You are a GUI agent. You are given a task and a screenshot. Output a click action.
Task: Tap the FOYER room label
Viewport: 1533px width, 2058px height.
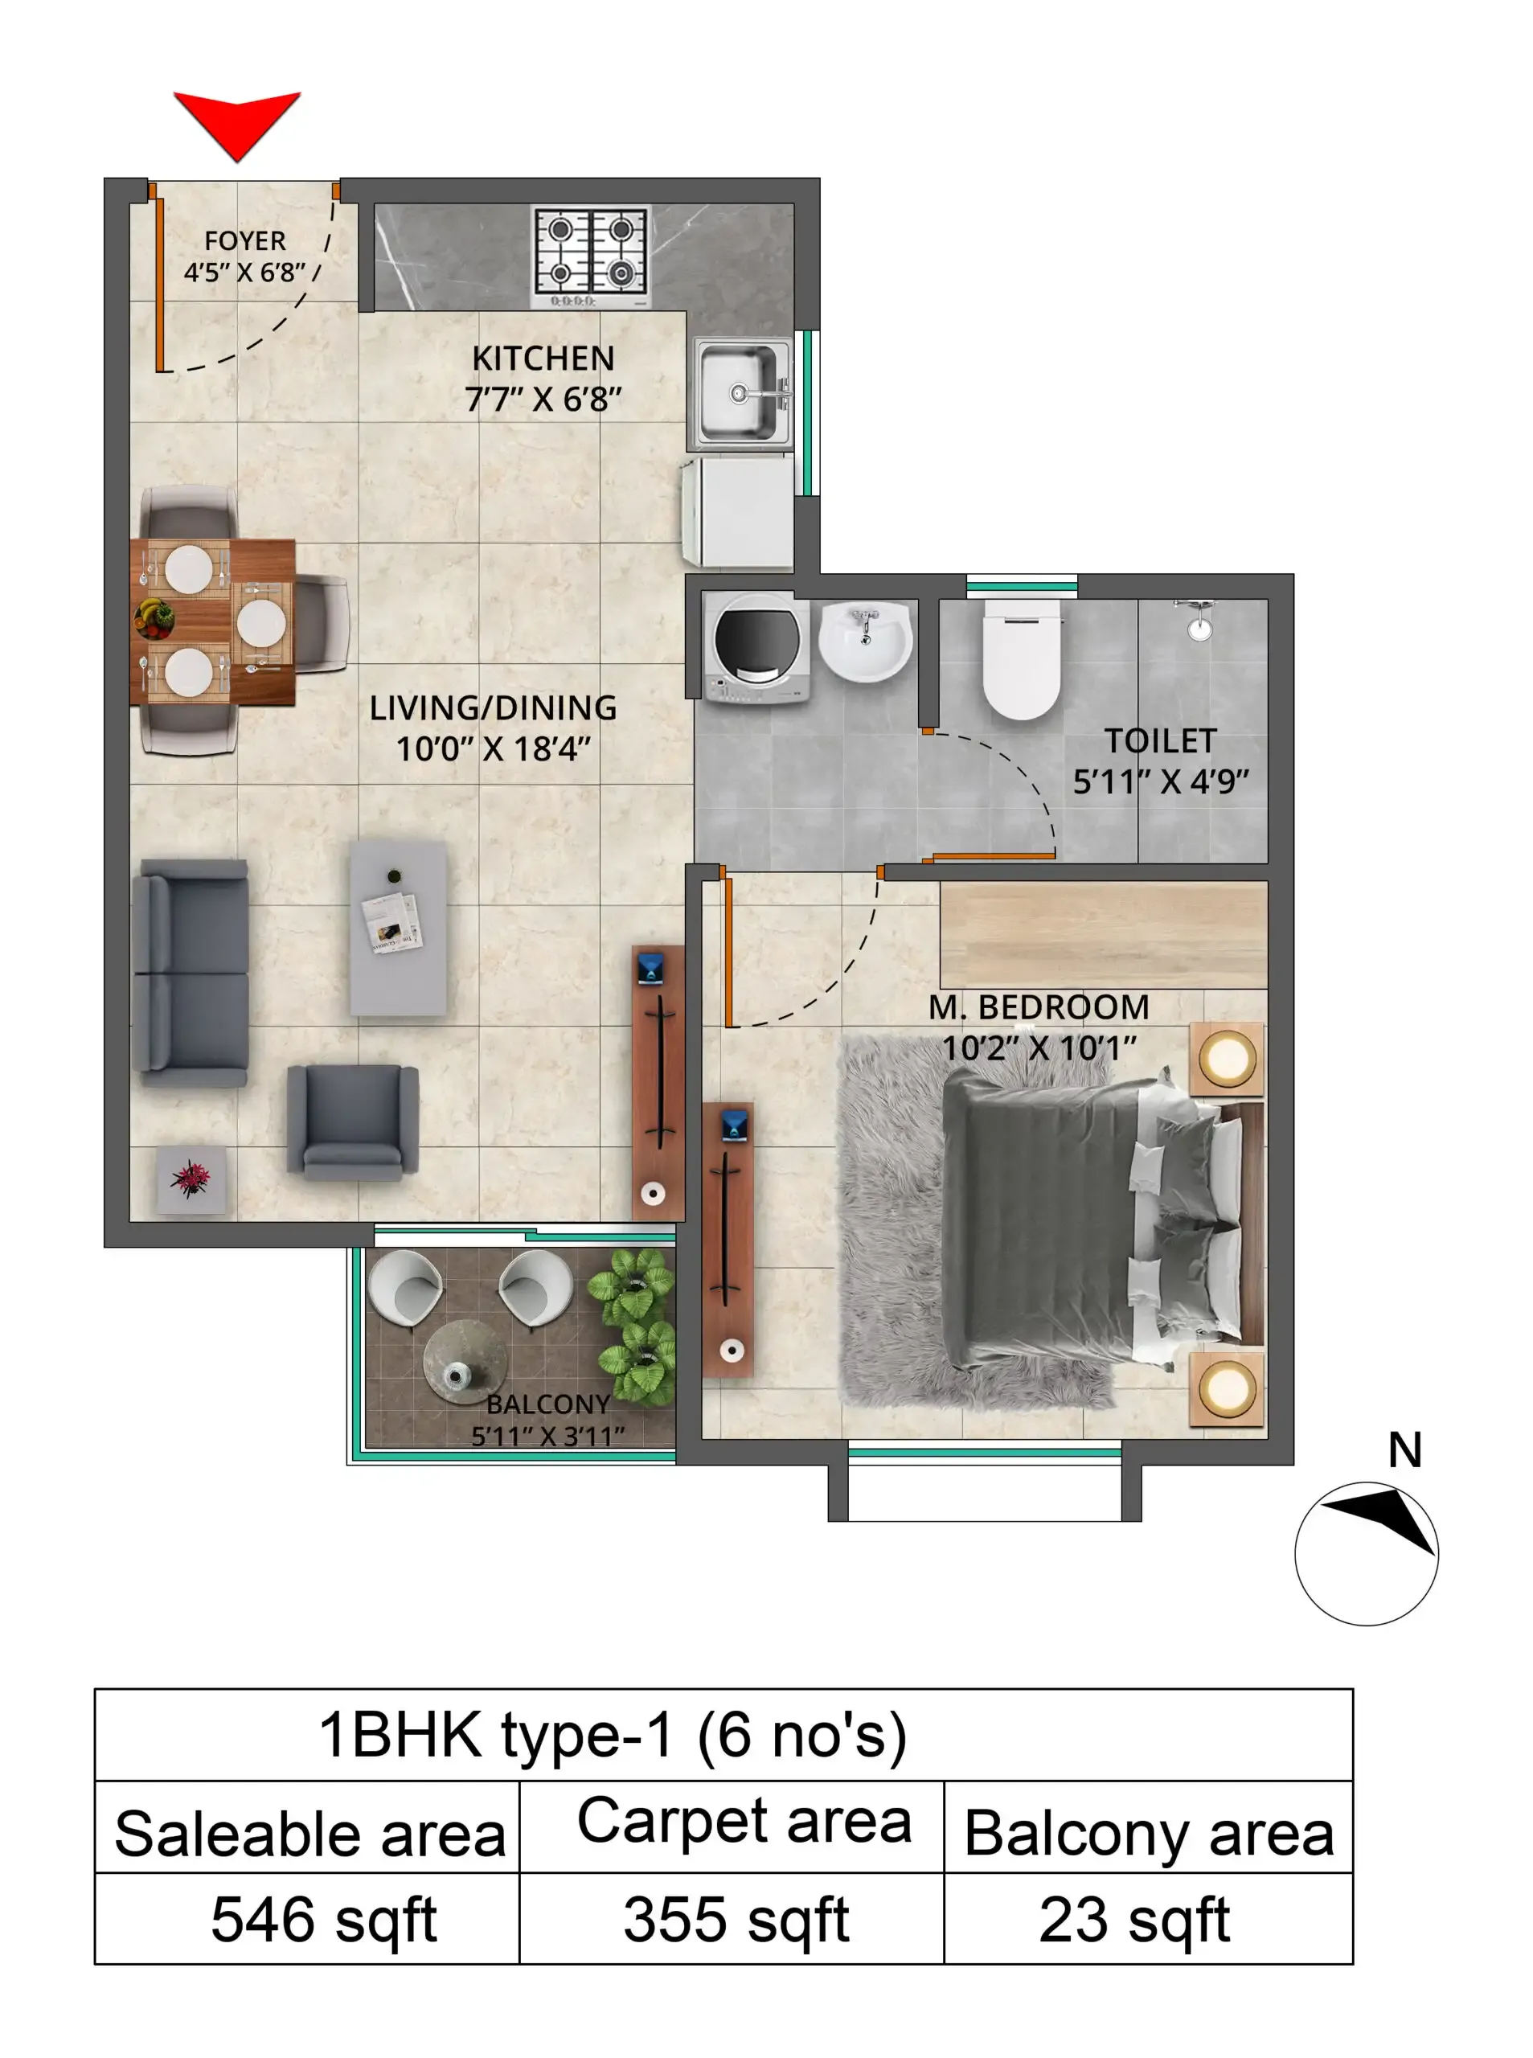(x=244, y=240)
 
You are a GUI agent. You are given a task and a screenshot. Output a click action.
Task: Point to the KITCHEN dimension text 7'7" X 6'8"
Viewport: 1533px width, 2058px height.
(x=543, y=400)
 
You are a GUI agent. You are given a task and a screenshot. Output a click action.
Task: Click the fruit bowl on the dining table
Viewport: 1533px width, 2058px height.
(x=154, y=616)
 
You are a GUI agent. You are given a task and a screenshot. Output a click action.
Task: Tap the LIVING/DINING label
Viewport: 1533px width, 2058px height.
(x=493, y=708)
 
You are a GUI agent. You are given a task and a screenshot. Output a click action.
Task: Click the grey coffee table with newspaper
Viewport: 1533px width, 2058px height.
(x=398, y=927)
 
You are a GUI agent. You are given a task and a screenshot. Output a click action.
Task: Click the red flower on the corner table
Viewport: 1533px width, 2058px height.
(x=191, y=1179)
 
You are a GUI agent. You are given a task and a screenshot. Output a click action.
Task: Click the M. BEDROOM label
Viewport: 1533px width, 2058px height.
(x=1039, y=1006)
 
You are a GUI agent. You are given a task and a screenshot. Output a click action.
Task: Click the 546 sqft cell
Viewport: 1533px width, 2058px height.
(x=323, y=1919)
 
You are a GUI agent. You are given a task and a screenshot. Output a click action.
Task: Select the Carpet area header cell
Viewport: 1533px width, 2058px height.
(x=744, y=1822)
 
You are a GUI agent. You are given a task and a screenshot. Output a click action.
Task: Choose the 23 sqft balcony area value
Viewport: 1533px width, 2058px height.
(x=1134, y=1919)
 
